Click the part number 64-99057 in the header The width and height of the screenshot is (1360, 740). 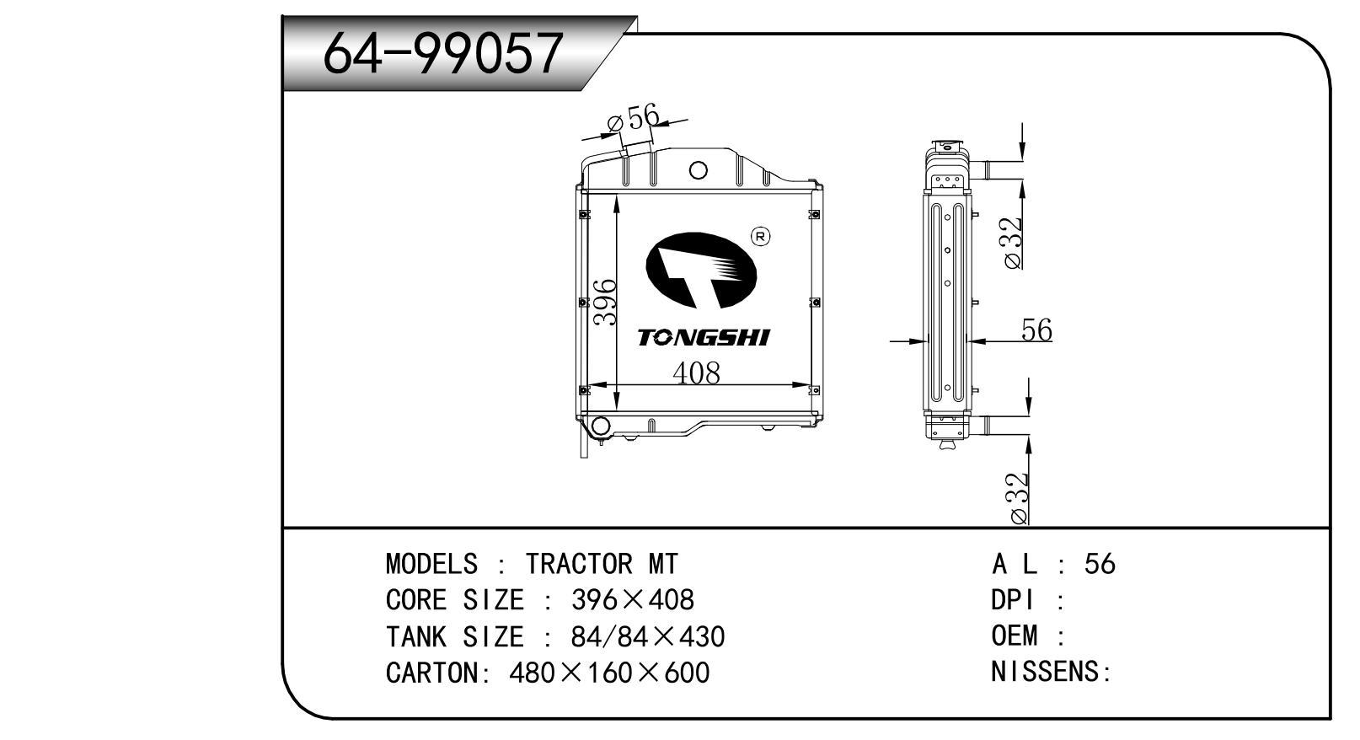[x=442, y=53]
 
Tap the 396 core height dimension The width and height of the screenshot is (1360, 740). [x=605, y=302]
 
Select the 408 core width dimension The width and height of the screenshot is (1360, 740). [x=696, y=373]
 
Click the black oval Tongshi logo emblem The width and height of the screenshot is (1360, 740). [x=701, y=271]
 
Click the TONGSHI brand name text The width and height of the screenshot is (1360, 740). [x=704, y=337]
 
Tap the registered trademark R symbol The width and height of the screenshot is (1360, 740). [x=761, y=237]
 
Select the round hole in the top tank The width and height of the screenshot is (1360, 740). [x=699, y=170]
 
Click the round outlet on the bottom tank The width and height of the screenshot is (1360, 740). [x=601, y=426]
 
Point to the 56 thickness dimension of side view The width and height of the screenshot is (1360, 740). [x=1036, y=330]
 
